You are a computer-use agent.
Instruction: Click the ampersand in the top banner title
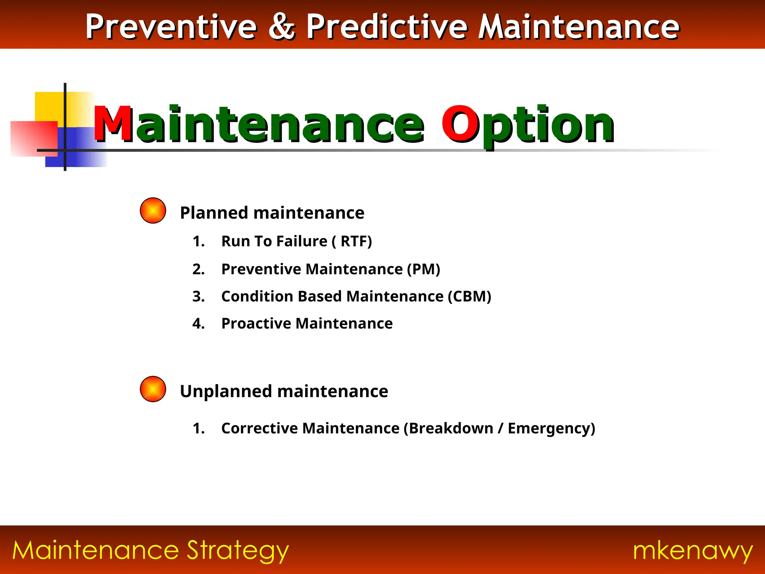(282, 27)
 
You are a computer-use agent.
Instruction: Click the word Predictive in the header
(387, 27)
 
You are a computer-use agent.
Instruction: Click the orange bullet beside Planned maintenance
(153, 210)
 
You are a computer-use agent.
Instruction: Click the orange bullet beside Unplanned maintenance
(153, 389)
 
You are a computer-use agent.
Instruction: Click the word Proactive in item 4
(256, 324)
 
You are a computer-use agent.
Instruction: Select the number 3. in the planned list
(198, 296)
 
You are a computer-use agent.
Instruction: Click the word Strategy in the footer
(238, 551)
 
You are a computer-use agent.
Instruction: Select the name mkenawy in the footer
(693, 551)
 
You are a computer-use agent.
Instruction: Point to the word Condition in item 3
(257, 296)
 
